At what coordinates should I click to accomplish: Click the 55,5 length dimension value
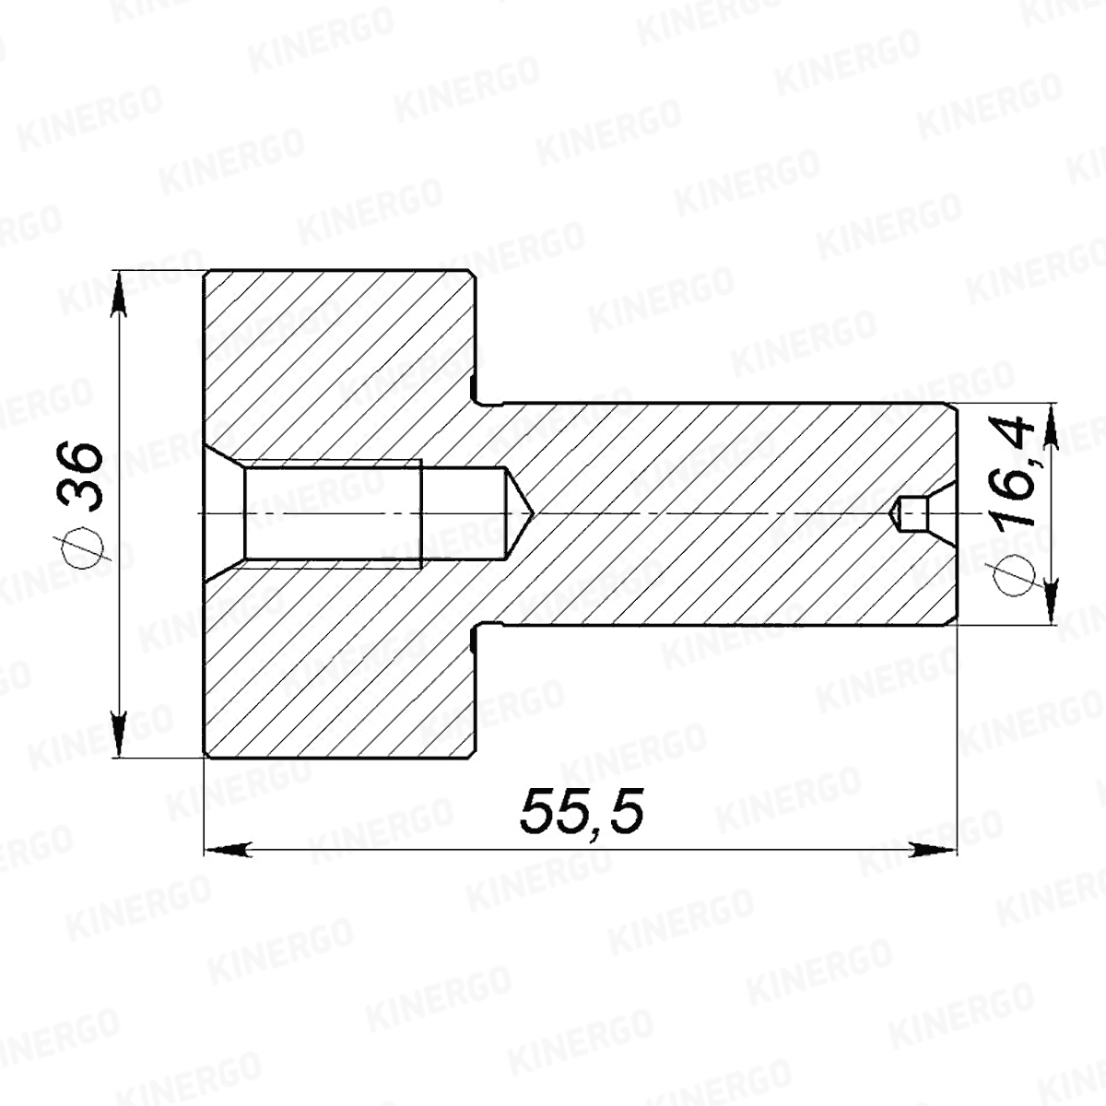point(582,810)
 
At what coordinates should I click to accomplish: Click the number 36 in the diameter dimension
point(81,476)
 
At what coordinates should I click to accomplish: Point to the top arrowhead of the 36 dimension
point(118,294)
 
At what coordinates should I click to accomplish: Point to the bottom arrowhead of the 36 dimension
point(118,734)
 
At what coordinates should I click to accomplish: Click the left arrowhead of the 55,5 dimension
point(228,850)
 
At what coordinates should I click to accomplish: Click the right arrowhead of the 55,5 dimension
point(935,850)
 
